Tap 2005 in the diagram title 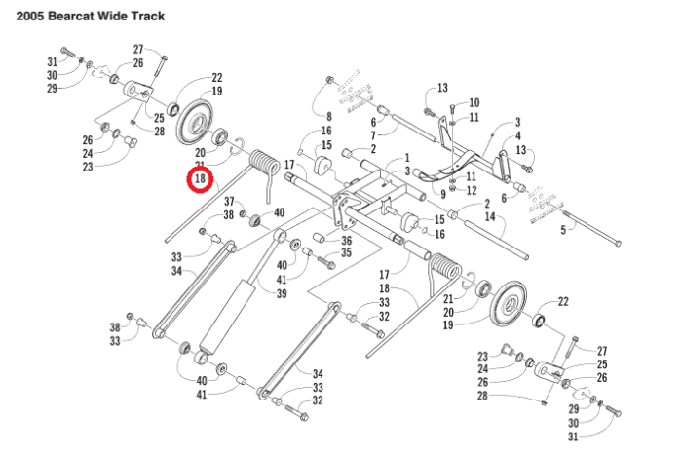pos(23,16)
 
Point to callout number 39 pos(281,293)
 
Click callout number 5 pos(562,230)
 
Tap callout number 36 pos(346,240)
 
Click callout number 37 pos(229,202)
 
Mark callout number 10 pos(474,102)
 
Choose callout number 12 pos(471,190)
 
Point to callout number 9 pos(442,194)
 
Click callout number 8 pos(329,117)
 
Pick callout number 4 pos(518,135)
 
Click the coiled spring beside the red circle pos(264,167)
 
